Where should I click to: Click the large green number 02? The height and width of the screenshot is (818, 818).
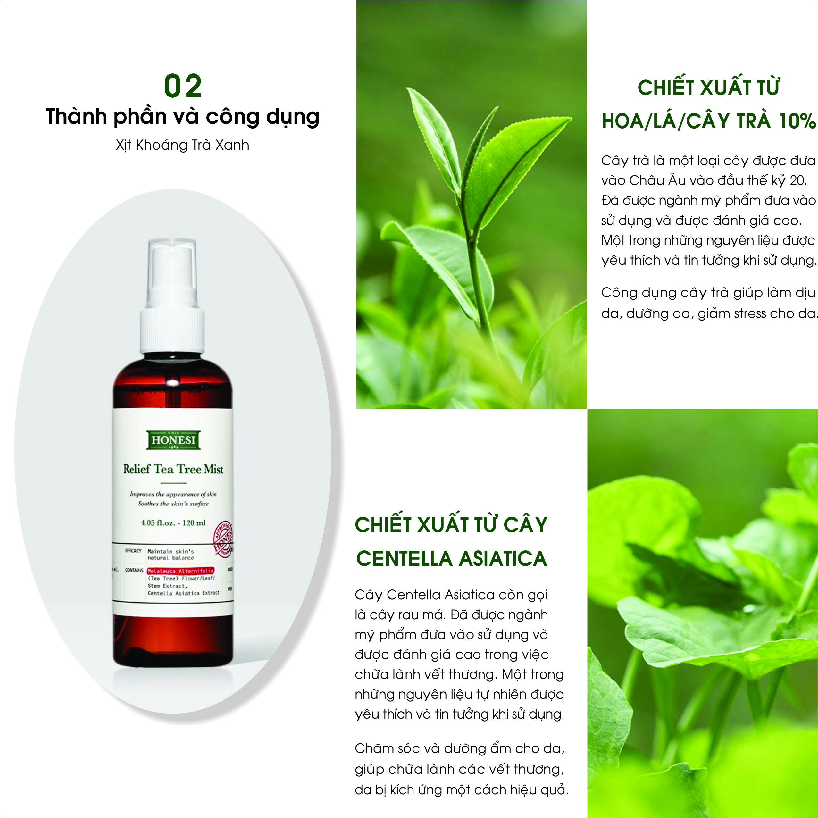[183, 86]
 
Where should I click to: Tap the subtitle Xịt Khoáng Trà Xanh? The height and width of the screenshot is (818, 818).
[182, 145]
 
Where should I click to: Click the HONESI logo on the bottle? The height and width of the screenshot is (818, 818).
[173, 440]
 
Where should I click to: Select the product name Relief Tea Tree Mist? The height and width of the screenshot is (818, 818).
[173, 469]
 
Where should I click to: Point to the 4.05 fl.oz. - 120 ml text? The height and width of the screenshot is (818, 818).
[173, 522]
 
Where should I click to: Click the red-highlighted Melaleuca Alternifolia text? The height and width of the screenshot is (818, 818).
[180, 571]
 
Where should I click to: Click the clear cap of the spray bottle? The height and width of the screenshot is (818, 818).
[172, 273]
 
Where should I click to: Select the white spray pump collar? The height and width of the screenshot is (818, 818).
[172, 330]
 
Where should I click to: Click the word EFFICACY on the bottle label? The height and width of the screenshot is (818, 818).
[133, 551]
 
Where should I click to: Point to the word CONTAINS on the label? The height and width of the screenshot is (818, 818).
[134, 570]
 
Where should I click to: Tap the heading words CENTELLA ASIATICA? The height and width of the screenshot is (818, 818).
[451, 558]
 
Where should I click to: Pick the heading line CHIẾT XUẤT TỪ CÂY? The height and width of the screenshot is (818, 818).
[451, 525]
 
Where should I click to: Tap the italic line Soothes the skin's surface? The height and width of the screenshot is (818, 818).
[173, 504]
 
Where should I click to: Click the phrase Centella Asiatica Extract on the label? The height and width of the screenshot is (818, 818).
[183, 593]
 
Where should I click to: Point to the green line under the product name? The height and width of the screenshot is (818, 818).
[173, 483]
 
